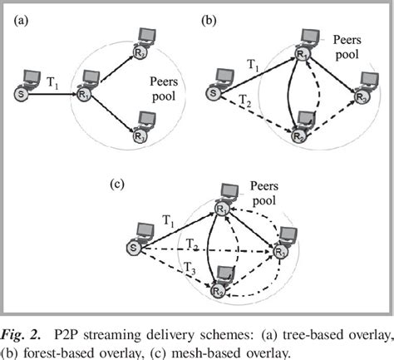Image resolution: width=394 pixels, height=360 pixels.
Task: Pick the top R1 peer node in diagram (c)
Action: (223, 205)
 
